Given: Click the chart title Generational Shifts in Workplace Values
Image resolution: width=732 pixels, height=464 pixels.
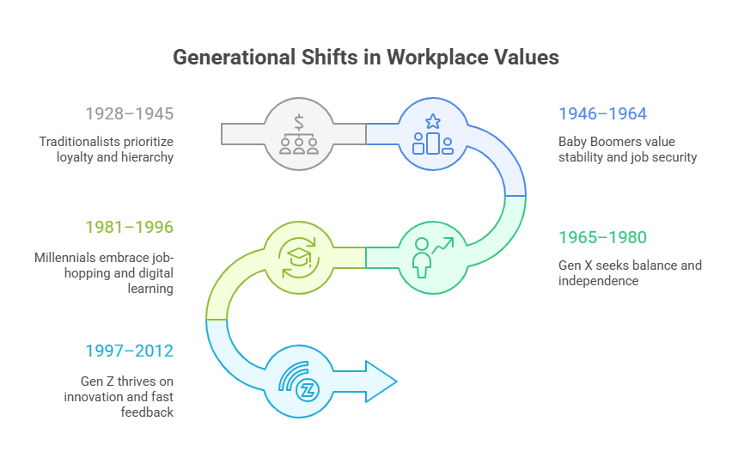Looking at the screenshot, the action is pos(366,58).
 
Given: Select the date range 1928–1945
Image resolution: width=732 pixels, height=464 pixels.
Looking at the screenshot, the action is pos(129,113).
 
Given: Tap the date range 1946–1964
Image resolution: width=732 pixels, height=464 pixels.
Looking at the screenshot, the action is pos(602,113).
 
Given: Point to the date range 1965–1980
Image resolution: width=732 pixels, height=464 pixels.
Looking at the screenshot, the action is pos(602,237).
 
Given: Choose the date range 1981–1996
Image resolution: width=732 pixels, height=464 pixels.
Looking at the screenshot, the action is pos(129,227).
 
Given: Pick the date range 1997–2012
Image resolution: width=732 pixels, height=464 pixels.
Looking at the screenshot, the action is pos(129,351).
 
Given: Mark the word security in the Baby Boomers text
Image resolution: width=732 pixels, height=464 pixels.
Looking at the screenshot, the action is pos(674,157).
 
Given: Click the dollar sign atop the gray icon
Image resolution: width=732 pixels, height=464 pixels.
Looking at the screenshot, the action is pos(300,120).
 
